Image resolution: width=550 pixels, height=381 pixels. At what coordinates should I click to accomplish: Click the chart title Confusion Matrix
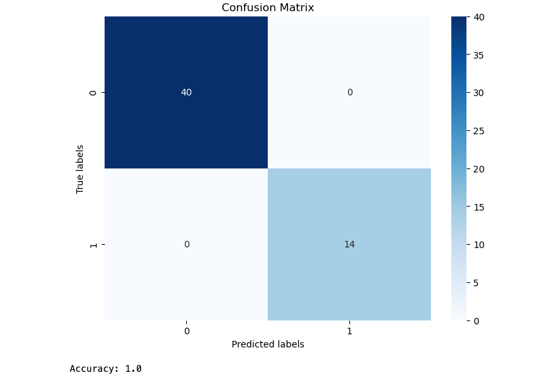(x=268, y=8)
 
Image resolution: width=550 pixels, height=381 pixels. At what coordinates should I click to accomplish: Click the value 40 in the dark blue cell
(x=186, y=92)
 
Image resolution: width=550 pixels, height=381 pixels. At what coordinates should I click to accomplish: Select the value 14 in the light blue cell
(x=349, y=244)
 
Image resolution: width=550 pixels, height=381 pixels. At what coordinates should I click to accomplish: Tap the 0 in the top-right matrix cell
(x=349, y=92)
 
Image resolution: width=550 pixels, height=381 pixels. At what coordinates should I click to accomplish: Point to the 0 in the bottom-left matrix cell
(x=186, y=244)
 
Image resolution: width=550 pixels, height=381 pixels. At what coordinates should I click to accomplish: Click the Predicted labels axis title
(x=268, y=344)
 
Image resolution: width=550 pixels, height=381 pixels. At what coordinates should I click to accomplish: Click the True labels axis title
(x=80, y=168)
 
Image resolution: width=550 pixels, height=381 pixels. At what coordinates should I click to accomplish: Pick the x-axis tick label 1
(x=349, y=331)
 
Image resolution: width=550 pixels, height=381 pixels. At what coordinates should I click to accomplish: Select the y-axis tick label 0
(x=93, y=93)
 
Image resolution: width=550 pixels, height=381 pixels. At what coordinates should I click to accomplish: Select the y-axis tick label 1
(x=93, y=245)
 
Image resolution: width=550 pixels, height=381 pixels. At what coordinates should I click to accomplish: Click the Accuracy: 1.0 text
(x=105, y=368)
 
